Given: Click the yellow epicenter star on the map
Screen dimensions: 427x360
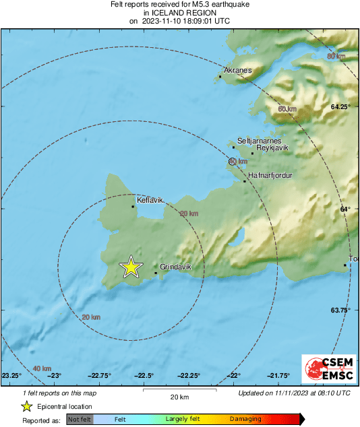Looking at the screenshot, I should coord(131,267).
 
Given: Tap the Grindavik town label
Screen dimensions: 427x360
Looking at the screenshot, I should coord(176,267).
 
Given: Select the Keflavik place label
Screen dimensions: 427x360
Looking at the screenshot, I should coord(150,200).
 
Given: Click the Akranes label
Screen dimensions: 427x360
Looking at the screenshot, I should coord(237,70).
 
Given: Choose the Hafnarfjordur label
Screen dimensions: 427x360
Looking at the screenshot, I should coord(270,175).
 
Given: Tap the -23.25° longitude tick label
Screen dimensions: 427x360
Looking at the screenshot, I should coord(11,376).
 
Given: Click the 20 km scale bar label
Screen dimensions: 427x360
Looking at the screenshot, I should coord(179,396).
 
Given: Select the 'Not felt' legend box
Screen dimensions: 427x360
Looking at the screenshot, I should coord(80,420).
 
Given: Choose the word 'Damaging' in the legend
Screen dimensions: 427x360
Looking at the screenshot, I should coord(246,420).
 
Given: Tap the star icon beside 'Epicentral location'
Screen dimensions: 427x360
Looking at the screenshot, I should coord(26,406).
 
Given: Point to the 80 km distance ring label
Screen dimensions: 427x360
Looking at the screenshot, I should coord(335,56).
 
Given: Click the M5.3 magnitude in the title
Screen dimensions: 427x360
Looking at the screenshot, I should coord(193,5).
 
